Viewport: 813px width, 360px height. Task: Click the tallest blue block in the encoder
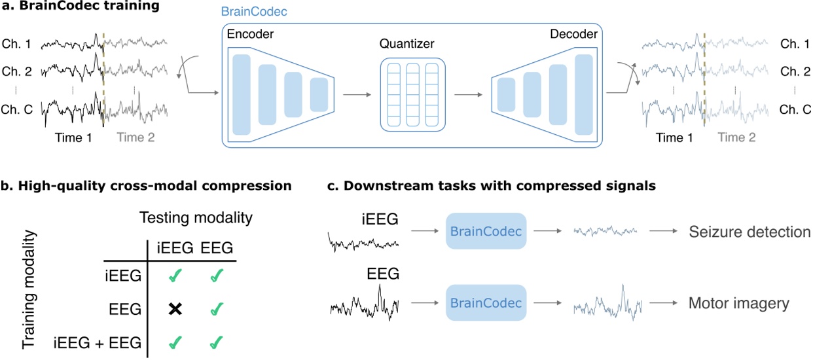(242, 94)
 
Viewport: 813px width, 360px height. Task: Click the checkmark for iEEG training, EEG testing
(217, 277)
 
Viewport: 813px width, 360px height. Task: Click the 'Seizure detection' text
(750, 232)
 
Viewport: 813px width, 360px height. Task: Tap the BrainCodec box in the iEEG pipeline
(486, 231)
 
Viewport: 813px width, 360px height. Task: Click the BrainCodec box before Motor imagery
(486, 302)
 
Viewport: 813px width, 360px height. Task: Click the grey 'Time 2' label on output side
(736, 137)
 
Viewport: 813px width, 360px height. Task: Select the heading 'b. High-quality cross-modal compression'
(146, 186)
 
